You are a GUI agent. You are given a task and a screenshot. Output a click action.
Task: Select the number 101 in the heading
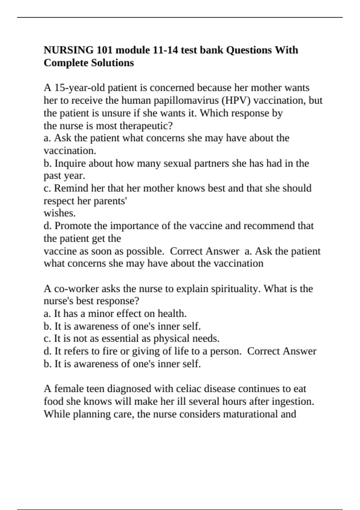pos(105,50)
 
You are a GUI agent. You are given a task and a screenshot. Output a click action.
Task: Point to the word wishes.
pos(60,213)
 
